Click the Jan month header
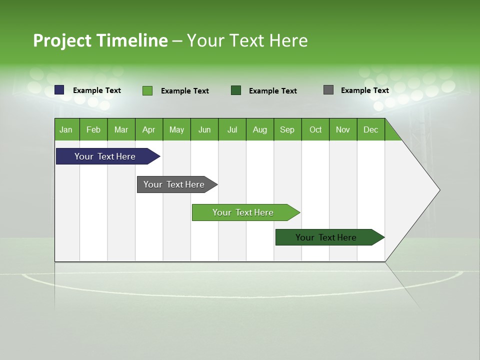pyautogui.click(x=66, y=129)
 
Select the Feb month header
pyautogui.click(x=93, y=129)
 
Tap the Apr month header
pyautogui.click(x=148, y=129)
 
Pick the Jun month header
pyautogui.click(x=204, y=129)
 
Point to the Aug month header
pyautogui.click(x=259, y=129)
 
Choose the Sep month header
pyautogui.click(x=287, y=129)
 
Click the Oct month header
pyautogui.click(x=315, y=129)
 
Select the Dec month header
pyautogui.click(x=370, y=129)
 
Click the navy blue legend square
pyautogui.click(x=59, y=90)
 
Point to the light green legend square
pyautogui.click(x=147, y=90)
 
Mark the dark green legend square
pyautogui.click(x=236, y=90)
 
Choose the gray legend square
pyautogui.click(x=328, y=90)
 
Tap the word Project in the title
pyautogui.click(x=62, y=40)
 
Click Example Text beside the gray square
pyautogui.click(x=364, y=90)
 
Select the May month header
pyautogui.click(x=176, y=129)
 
